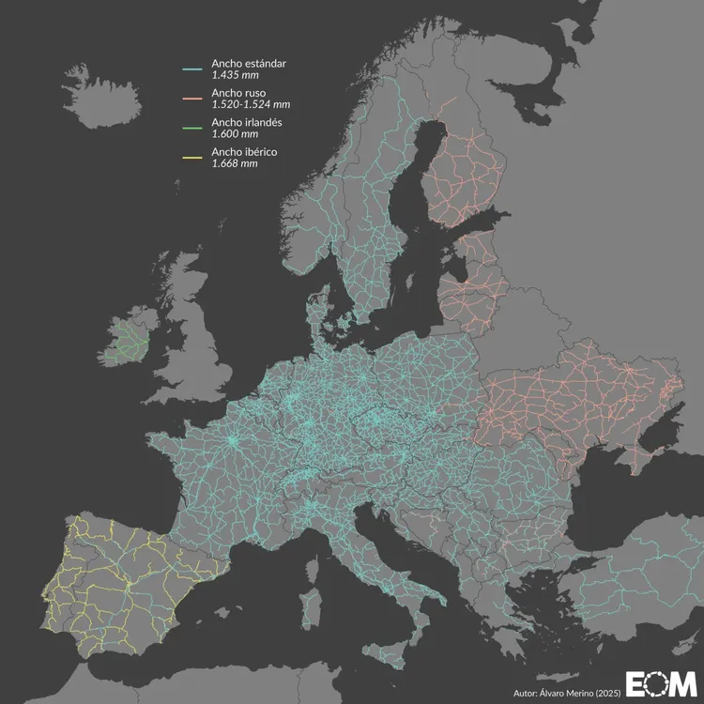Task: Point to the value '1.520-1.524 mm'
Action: tap(249, 104)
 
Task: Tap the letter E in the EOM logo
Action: tap(638, 683)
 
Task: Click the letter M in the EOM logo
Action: tap(682, 683)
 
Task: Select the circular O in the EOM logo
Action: tap(659, 683)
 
